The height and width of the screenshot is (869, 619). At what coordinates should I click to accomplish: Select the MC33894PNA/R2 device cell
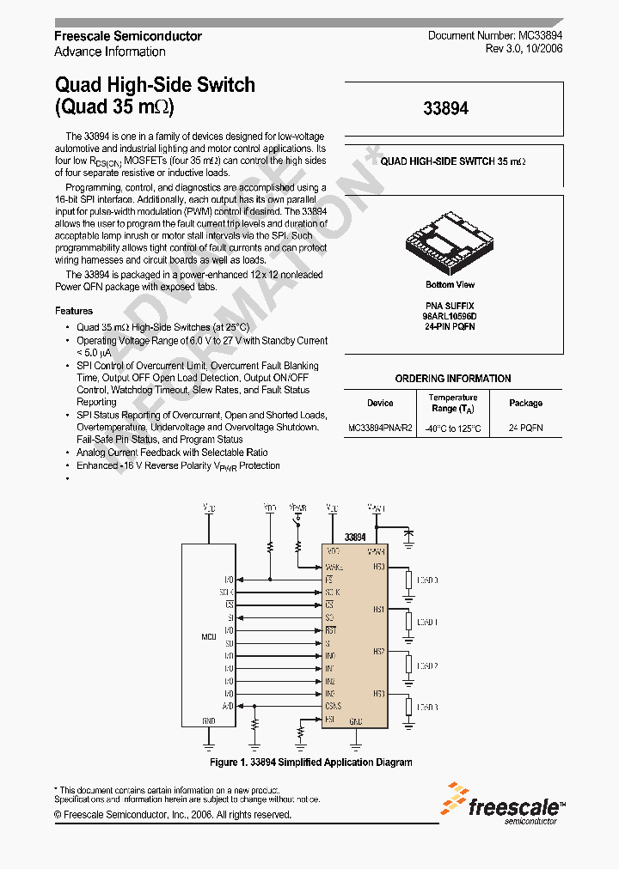pos(380,428)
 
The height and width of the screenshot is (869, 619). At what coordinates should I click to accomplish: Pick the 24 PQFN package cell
pos(525,428)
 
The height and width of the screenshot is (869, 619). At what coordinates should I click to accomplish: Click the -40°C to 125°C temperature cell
pos(453,428)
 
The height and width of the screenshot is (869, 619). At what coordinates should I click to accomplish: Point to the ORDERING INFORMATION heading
pos(453,379)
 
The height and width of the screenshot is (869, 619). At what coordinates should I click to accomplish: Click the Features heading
pos(74,311)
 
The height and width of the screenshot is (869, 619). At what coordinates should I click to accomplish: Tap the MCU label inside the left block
pos(208,636)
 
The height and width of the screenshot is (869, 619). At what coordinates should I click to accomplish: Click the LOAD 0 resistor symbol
pos(408,581)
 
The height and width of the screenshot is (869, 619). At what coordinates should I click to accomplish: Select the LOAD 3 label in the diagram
pos(427,707)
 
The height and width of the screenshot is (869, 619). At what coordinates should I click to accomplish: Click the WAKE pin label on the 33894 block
pos(334,567)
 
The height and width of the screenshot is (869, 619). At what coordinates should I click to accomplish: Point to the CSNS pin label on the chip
pos(334,706)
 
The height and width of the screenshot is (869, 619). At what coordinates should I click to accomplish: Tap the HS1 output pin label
pos(378,609)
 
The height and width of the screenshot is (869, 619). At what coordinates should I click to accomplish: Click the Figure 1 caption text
pos(310,763)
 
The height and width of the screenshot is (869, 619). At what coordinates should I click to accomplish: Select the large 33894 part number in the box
pos(446,109)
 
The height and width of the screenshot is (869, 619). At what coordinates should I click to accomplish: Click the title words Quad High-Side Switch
pos(155,85)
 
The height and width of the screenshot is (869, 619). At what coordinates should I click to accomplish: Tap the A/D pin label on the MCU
pos(229,706)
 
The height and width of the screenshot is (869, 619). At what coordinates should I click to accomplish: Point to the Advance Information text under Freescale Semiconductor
pos(110,52)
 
